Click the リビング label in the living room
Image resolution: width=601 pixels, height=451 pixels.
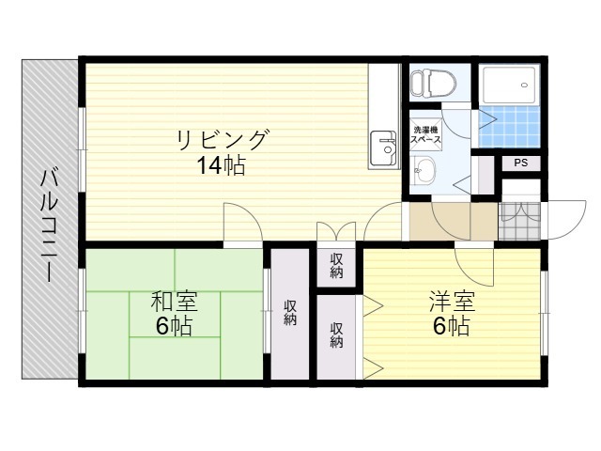[222, 140]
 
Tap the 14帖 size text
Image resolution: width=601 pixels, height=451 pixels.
[222, 165]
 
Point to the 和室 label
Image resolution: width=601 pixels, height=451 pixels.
[175, 302]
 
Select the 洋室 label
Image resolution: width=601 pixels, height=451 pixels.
[452, 302]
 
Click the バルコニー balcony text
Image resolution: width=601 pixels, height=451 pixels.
[50, 225]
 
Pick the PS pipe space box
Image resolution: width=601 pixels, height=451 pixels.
[521, 163]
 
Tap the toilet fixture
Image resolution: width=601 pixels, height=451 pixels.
[432, 82]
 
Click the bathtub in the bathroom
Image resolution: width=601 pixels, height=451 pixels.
[509, 85]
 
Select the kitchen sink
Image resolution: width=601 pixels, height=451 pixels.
[383, 148]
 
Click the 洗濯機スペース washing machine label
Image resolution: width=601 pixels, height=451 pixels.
[425, 134]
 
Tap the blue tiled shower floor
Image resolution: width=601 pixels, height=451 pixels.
[509, 127]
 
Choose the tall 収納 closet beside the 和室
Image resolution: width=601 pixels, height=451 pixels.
[290, 313]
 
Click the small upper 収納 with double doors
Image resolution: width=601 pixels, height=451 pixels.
[336, 265]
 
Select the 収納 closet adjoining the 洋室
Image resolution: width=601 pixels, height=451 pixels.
[336, 336]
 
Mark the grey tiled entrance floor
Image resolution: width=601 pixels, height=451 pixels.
[519, 222]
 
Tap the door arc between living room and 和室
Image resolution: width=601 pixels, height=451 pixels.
[251, 214]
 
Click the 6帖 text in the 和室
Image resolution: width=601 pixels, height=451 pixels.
[174, 326]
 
